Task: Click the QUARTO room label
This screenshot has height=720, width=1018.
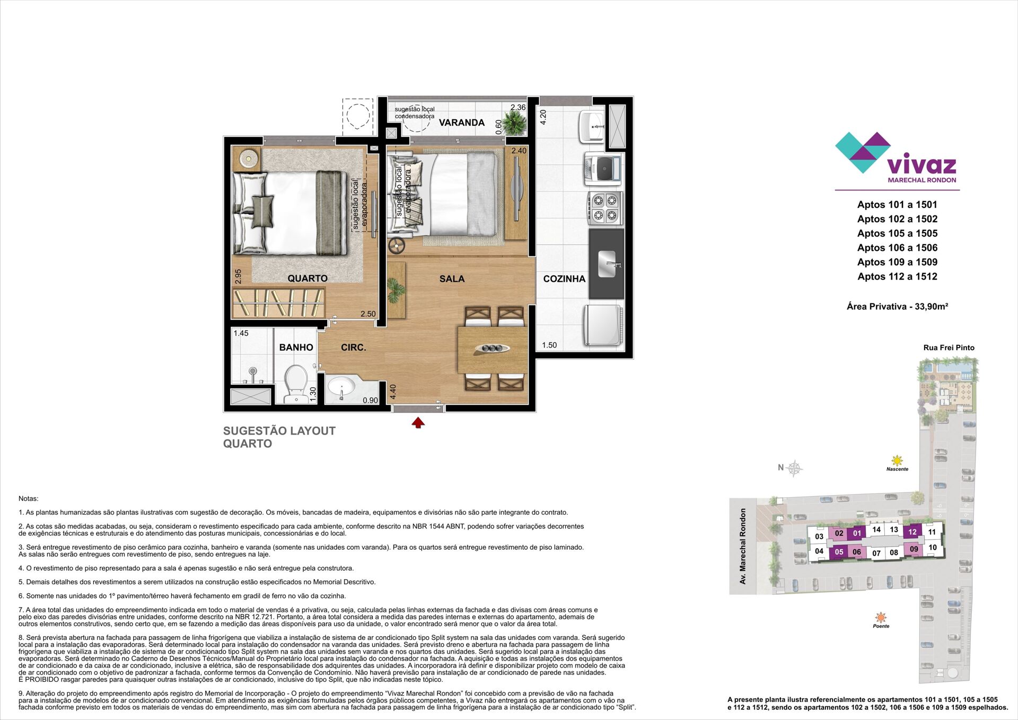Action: coord(308,279)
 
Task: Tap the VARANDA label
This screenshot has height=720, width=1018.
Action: coord(461,123)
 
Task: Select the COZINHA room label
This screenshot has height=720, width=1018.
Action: coord(564,279)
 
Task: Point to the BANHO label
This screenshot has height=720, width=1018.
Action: coord(296,348)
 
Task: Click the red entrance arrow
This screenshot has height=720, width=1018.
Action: coord(418,422)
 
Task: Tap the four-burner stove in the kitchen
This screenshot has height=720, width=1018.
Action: coord(605,208)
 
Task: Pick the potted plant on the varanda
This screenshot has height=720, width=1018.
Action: coord(514,124)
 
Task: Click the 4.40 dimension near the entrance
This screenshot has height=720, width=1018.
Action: coord(393,392)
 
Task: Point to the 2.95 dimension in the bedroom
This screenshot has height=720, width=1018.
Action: coord(239,277)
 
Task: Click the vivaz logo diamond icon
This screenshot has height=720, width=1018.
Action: coord(863,152)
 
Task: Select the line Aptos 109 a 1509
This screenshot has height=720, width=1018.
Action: coord(897,262)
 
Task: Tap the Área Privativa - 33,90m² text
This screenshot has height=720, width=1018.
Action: coord(897,306)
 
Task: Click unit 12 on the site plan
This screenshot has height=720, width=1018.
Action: coord(912,532)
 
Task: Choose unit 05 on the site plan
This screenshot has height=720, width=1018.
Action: coord(839,552)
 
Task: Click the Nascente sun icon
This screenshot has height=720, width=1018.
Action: coord(897,460)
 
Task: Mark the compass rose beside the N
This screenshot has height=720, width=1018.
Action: coord(794,468)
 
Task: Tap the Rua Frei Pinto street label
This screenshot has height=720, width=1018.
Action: coord(949,348)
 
